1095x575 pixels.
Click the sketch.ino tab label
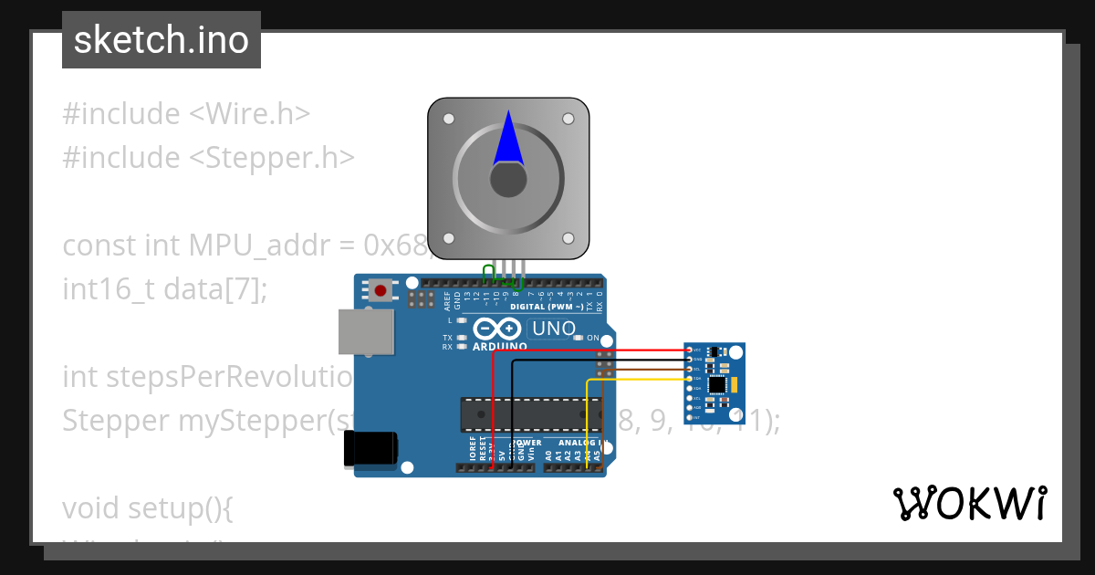click(162, 40)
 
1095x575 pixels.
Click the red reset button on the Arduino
click(381, 291)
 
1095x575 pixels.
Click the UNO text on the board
click(554, 329)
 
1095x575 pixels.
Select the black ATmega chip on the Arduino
click(532, 413)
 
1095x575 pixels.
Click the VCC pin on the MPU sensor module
click(688, 350)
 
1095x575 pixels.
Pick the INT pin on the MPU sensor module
click(688, 417)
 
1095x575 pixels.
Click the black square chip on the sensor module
click(718, 385)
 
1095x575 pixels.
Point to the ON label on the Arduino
click(592, 338)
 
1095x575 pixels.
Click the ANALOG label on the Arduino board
click(566, 443)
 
